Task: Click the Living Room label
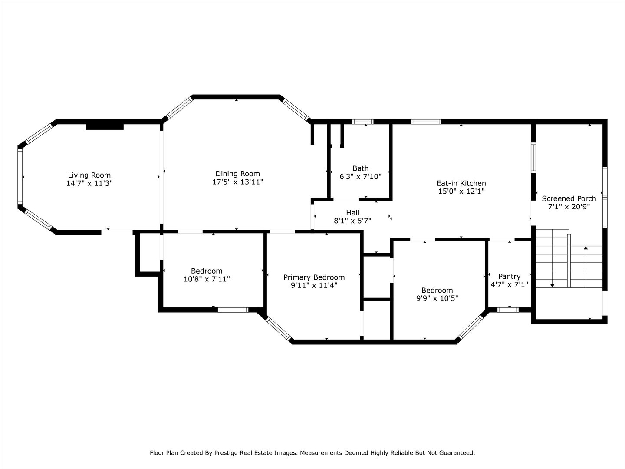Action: click(x=89, y=175)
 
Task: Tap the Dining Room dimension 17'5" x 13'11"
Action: click(x=237, y=182)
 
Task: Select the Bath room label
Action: click(x=360, y=168)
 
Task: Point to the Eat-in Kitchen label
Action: click(x=461, y=183)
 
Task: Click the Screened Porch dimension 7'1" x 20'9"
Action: click(x=569, y=207)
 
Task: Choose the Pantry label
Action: click(x=509, y=277)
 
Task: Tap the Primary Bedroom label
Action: click(x=314, y=277)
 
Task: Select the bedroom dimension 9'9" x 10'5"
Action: click(x=437, y=298)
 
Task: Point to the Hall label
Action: click(x=352, y=213)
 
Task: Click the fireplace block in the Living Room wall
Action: click(x=105, y=126)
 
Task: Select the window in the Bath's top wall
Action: click(x=362, y=122)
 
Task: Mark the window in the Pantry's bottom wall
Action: click(x=507, y=310)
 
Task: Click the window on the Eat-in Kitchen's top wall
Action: click(x=426, y=122)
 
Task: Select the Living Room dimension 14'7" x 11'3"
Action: click(x=89, y=183)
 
